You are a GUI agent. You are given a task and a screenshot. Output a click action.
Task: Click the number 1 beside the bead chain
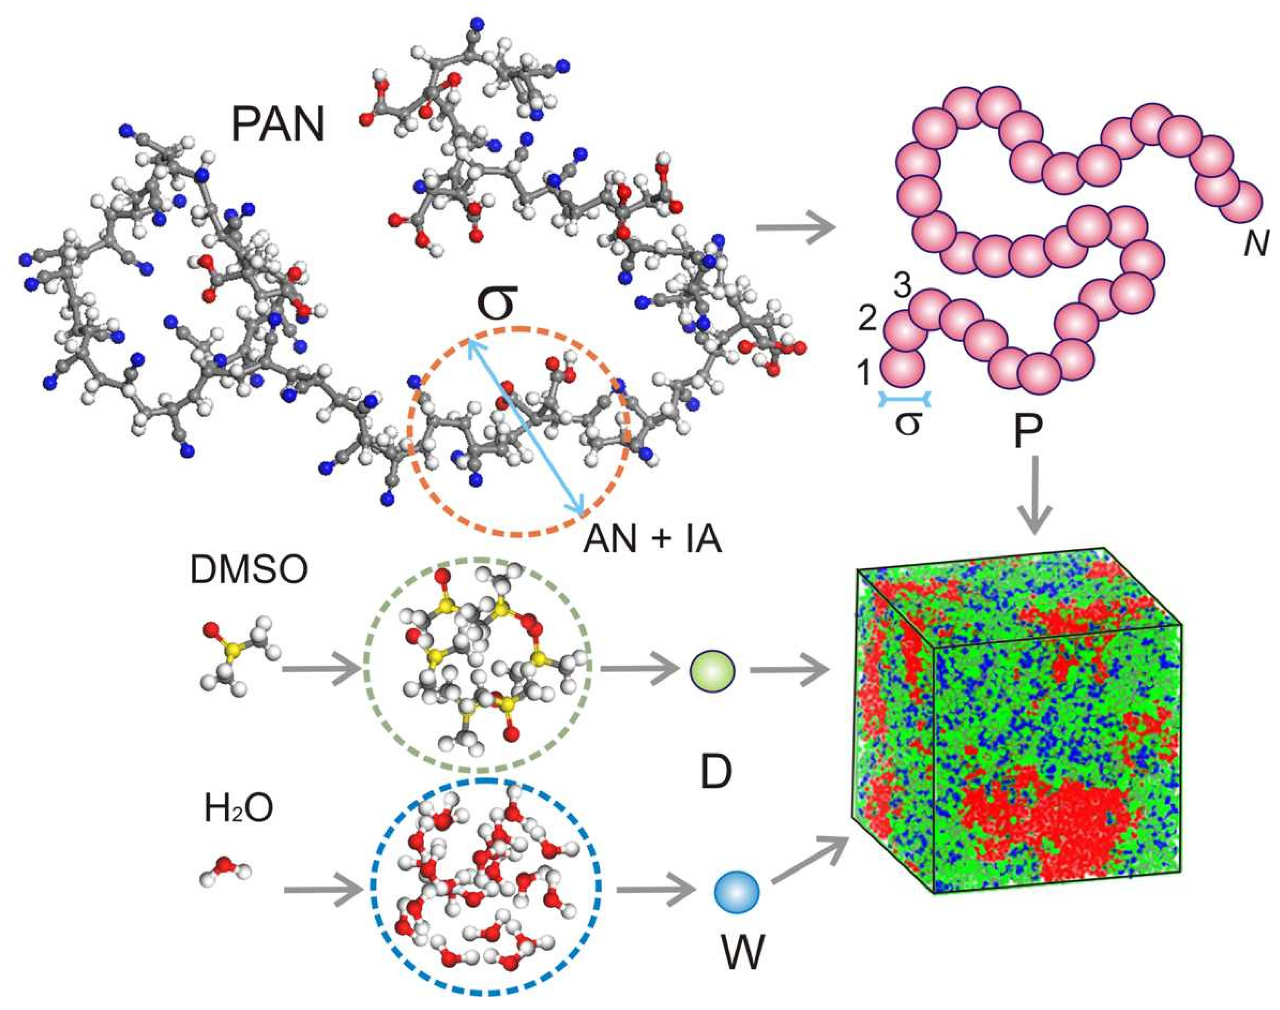(x=864, y=372)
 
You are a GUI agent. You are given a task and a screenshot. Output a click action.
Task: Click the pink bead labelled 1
(x=902, y=367)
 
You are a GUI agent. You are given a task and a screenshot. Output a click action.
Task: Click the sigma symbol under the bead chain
(x=908, y=424)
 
